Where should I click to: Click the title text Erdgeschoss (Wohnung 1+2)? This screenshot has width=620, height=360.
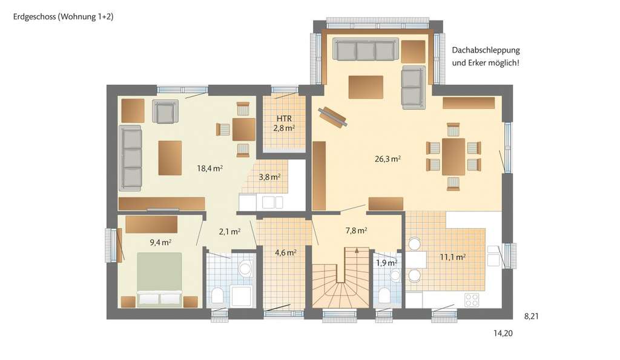(64, 17)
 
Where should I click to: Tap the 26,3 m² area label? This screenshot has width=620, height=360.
(388, 159)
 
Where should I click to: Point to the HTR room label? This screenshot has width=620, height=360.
(284, 118)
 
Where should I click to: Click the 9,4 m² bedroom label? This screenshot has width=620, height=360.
(160, 242)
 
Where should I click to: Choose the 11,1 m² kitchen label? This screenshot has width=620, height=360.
(452, 257)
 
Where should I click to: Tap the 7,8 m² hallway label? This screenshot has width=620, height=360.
(357, 230)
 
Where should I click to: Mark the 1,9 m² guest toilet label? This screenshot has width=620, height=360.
(386, 263)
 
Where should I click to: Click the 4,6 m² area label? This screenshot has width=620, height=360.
(286, 252)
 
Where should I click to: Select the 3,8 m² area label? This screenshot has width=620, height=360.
(269, 177)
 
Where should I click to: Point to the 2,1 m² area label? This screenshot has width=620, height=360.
(230, 231)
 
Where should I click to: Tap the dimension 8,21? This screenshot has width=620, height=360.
(530, 316)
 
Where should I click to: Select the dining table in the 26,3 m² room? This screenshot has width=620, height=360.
(453, 157)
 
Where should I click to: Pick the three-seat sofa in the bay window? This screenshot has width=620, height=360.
(366, 51)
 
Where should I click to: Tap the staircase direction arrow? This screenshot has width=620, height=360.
(357, 250)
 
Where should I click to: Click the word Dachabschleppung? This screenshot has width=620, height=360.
(486, 50)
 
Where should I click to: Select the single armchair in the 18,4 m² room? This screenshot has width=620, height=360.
(165, 112)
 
